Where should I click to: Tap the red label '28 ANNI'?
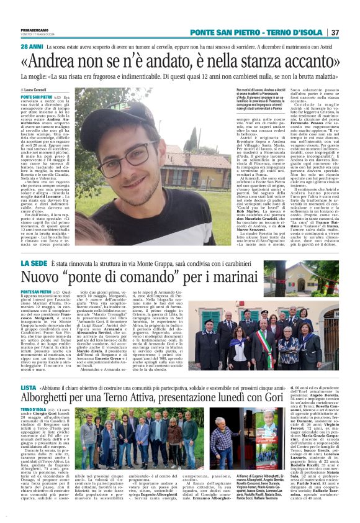tap(31, 47)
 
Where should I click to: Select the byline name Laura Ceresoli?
tap(39, 90)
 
